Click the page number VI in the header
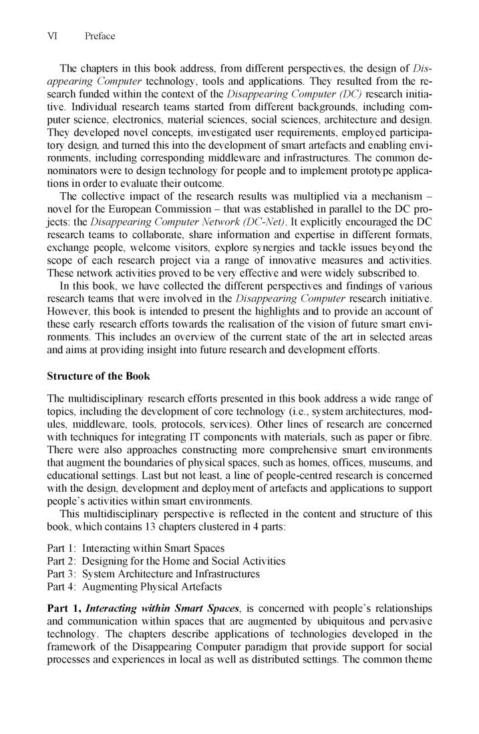[x=53, y=36]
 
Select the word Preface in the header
[x=100, y=36]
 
